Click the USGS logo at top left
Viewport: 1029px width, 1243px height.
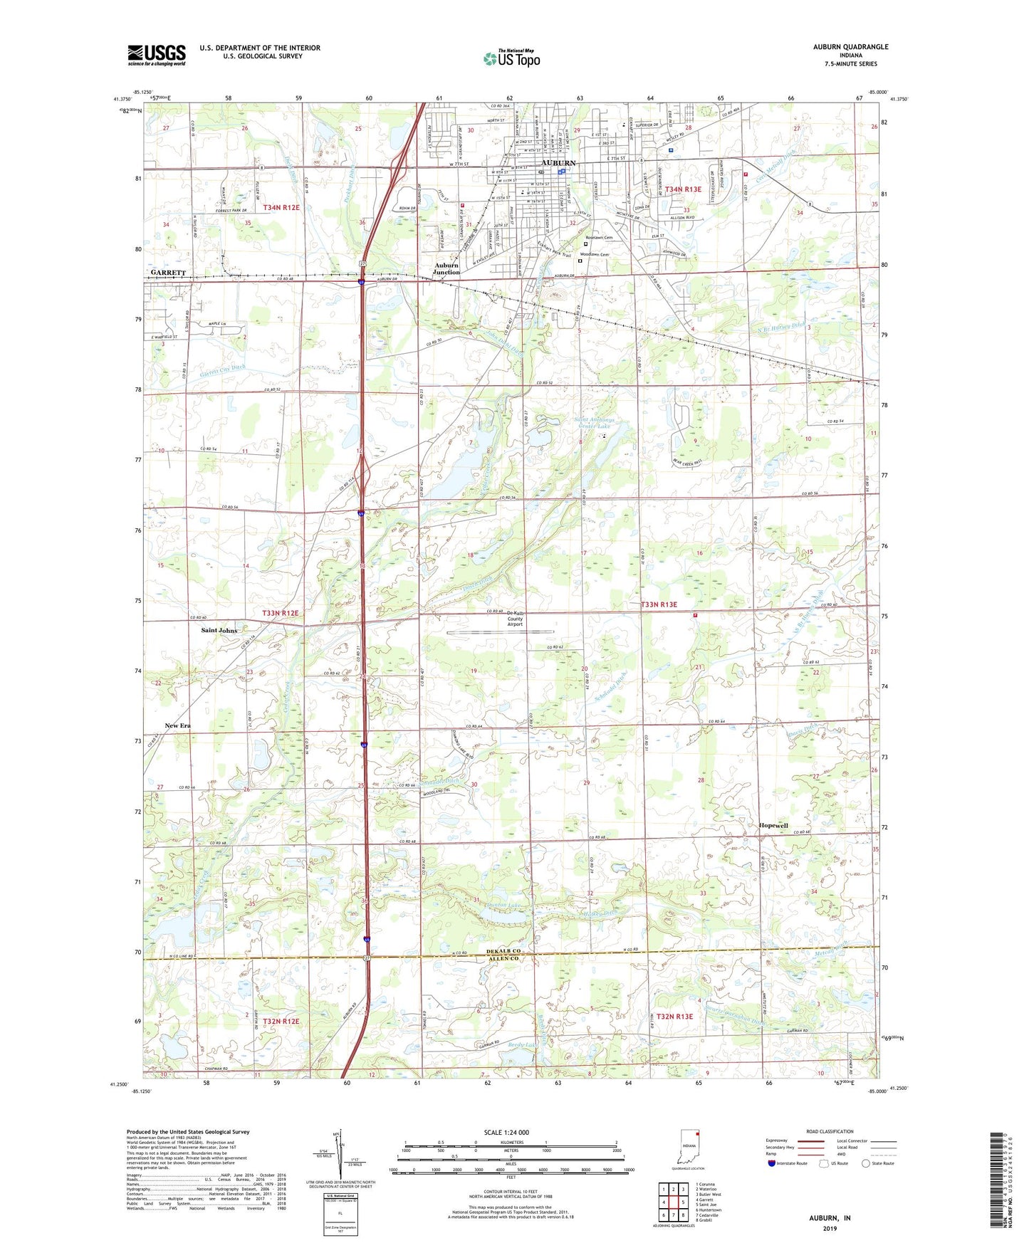tap(157, 55)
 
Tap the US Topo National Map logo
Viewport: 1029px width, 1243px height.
tap(511, 58)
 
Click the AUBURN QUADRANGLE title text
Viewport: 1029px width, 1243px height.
tap(850, 47)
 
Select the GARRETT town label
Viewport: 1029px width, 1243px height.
tap(168, 273)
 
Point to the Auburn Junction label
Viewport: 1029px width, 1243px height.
tap(446, 268)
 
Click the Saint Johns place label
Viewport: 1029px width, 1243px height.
tap(219, 631)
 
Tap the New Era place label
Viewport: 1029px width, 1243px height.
tap(177, 725)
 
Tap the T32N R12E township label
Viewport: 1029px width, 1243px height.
tap(281, 1021)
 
